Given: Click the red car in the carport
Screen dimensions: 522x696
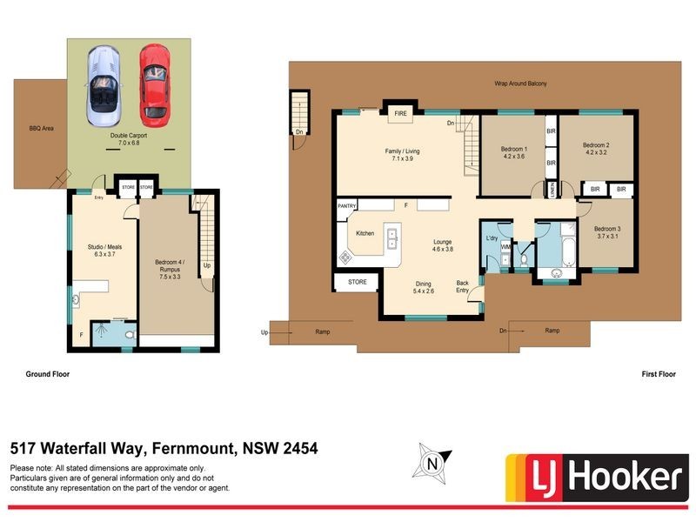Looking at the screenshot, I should [x=154, y=82].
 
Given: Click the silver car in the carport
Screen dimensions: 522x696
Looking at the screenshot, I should [x=103, y=85].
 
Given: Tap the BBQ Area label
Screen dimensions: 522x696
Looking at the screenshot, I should [x=42, y=128].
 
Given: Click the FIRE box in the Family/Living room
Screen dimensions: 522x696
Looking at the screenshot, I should [x=401, y=114].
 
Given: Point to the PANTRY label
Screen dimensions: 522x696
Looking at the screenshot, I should [x=348, y=205].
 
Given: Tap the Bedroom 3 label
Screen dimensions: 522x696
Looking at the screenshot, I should [x=608, y=232].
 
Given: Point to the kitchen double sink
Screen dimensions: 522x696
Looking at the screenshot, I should [x=391, y=237].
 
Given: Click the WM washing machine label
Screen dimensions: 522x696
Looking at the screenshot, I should [x=505, y=247].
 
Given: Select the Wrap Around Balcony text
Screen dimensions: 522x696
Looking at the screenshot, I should [x=521, y=84].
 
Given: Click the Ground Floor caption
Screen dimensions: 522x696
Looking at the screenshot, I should [x=48, y=373].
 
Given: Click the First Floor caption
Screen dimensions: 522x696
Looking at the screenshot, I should [x=658, y=373].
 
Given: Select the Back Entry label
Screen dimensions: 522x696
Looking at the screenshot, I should [x=463, y=286].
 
